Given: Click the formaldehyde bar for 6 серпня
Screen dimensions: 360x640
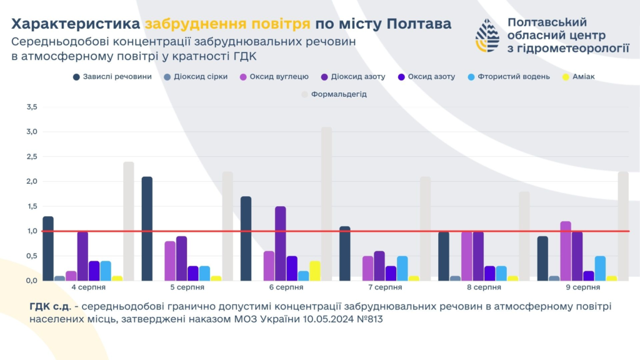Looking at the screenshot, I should (x=326, y=204).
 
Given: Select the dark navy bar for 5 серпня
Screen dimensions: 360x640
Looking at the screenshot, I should (x=147, y=229).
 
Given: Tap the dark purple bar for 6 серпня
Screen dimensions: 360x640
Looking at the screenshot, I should (x=280, y=243).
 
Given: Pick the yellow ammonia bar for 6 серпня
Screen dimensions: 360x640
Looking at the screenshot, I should (x=314, y=271).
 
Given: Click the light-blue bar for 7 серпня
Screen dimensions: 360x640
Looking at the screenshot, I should (x=402, y=268).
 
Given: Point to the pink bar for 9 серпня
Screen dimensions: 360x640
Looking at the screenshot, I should (x=566, y=251).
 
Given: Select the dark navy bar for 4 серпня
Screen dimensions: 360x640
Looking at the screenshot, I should (x=48, y=248).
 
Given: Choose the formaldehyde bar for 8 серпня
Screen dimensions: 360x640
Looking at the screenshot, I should (x=524, y=236).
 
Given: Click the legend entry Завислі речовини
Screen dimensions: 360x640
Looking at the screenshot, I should (x=112, y=77).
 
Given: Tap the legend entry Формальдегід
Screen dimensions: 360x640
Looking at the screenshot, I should (x=334, y=94).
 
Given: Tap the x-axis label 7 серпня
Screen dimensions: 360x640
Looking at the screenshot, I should (x=385, y=287).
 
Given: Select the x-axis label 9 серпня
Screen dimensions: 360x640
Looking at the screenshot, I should (x=582, y=287).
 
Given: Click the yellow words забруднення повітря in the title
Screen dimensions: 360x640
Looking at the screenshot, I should (x=227, y=24).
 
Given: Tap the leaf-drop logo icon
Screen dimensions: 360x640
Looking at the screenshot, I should (x=487, y=35).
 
